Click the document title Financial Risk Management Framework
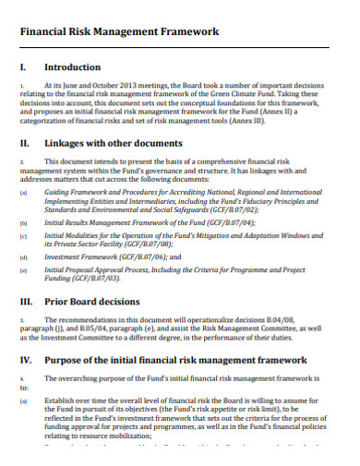(x=119, y=31)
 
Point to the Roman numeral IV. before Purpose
(x=28, y=361)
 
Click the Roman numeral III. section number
(x=28, y=301)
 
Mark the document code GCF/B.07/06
(x=136, y=257)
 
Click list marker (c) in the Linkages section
(x=23, y=237)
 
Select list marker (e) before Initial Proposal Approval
(x=23, y=270)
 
